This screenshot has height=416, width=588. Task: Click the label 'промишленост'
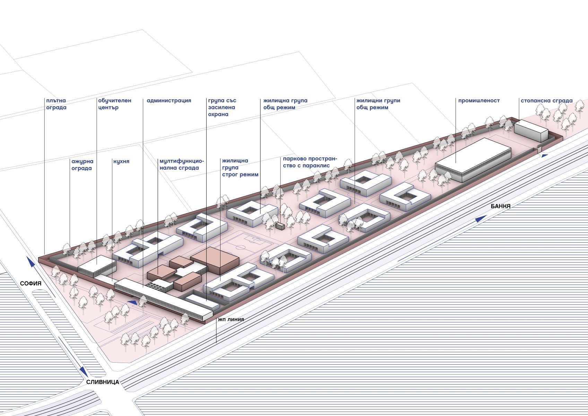coord(479,101)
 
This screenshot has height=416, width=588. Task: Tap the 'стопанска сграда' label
coord(546,101)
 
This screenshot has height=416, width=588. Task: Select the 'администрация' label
coord(169,101)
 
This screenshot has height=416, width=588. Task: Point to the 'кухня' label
coord(121,162)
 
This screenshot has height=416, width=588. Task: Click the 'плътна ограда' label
coord(56,104)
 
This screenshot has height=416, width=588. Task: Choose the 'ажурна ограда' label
coord(82,165)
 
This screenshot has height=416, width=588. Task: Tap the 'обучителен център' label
coord(115,104)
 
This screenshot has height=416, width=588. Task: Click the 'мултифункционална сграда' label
coord(182,165)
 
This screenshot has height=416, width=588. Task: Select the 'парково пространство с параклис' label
coord(310,162)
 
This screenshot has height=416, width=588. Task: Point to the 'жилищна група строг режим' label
coord(240,168)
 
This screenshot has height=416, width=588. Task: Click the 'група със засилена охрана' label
coord(222,107)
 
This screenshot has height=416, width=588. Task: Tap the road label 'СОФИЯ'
coord(31,284)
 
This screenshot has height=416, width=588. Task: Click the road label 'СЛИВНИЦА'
coord(102,382)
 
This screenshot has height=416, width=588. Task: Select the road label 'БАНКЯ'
coord(501,206)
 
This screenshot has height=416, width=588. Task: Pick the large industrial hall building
coord(473,159)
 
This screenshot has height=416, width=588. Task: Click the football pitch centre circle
coord(241,248)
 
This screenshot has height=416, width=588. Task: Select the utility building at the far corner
coord(530,130)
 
